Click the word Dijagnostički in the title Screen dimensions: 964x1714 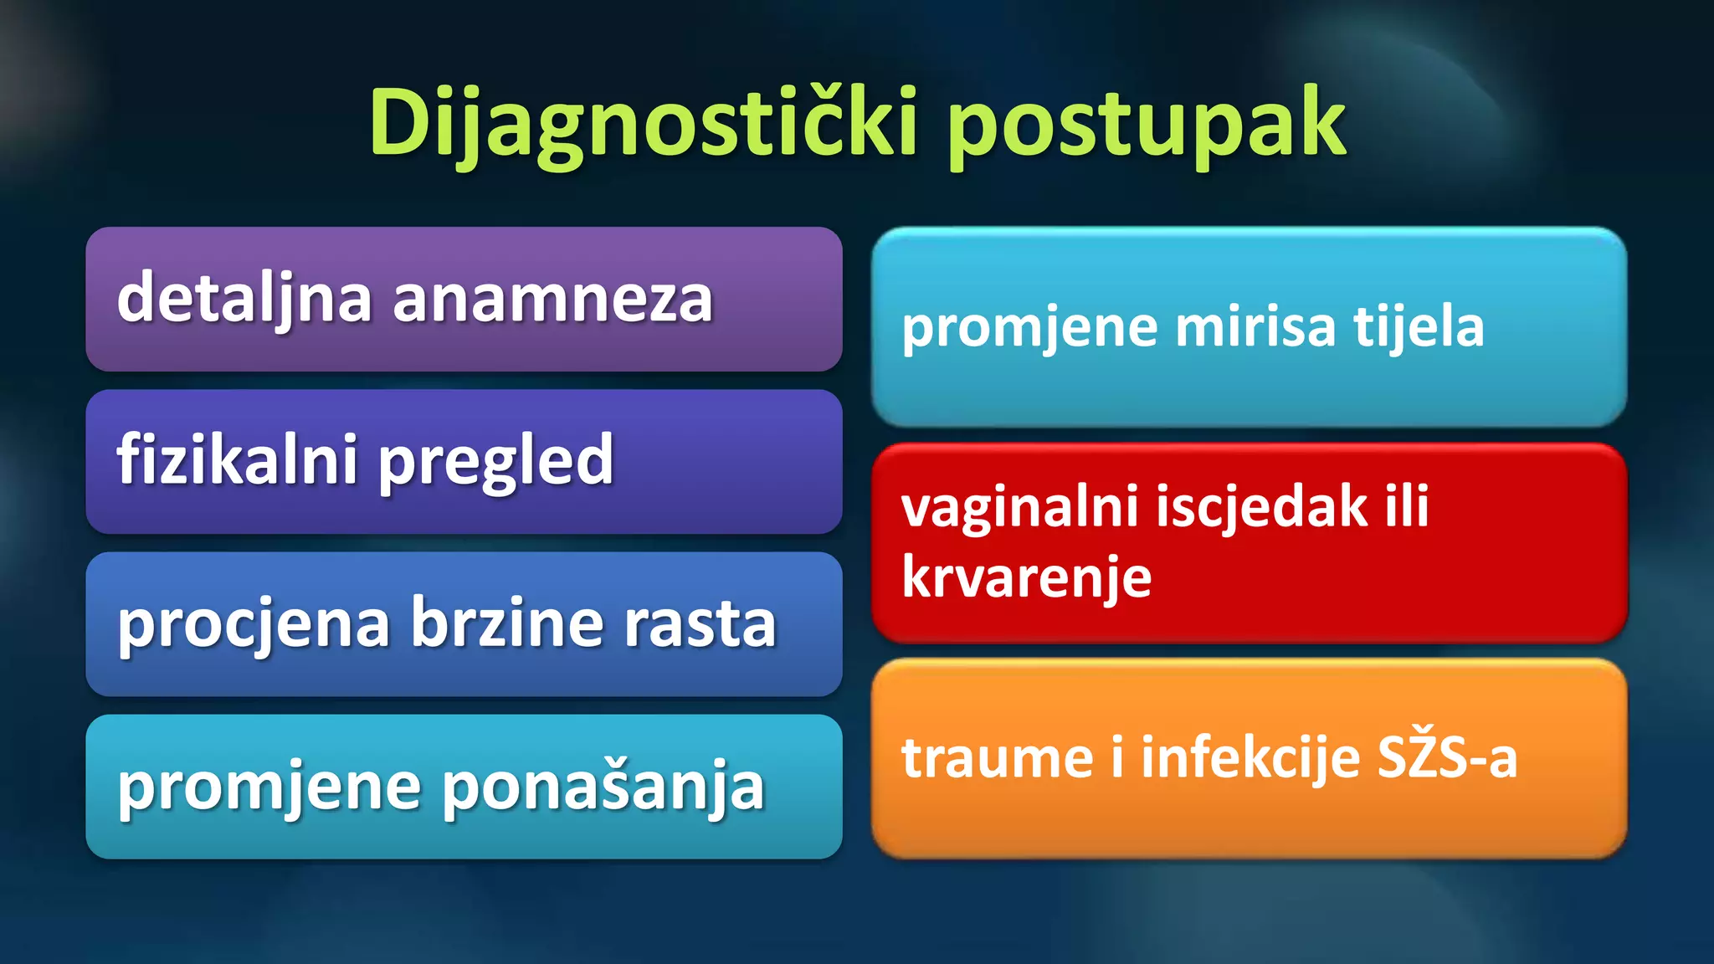644,124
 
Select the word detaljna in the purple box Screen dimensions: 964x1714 244,299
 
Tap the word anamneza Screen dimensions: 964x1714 552,300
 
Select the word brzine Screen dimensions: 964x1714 506,623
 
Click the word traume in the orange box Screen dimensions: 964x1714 997,757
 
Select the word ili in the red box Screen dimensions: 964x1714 1406,507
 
